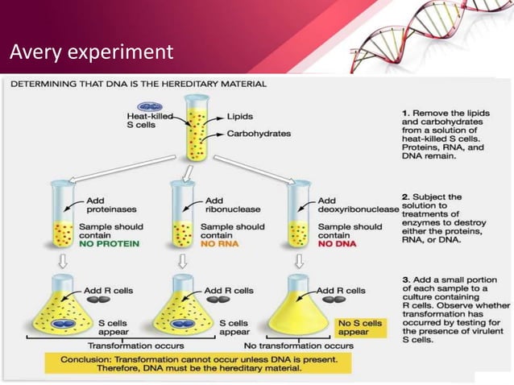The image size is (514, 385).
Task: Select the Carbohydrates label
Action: (x=259, y=134)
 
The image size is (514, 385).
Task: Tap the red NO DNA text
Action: (x=337, y=242)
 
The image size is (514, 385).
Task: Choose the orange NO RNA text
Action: (x=219, y=242)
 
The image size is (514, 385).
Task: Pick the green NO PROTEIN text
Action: (x=109, y=242)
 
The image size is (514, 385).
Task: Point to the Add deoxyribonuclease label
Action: (x=358, y=205)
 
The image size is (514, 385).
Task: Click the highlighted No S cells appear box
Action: (x=355, y=326)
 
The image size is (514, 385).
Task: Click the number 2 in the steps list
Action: (x=404, y=197)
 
